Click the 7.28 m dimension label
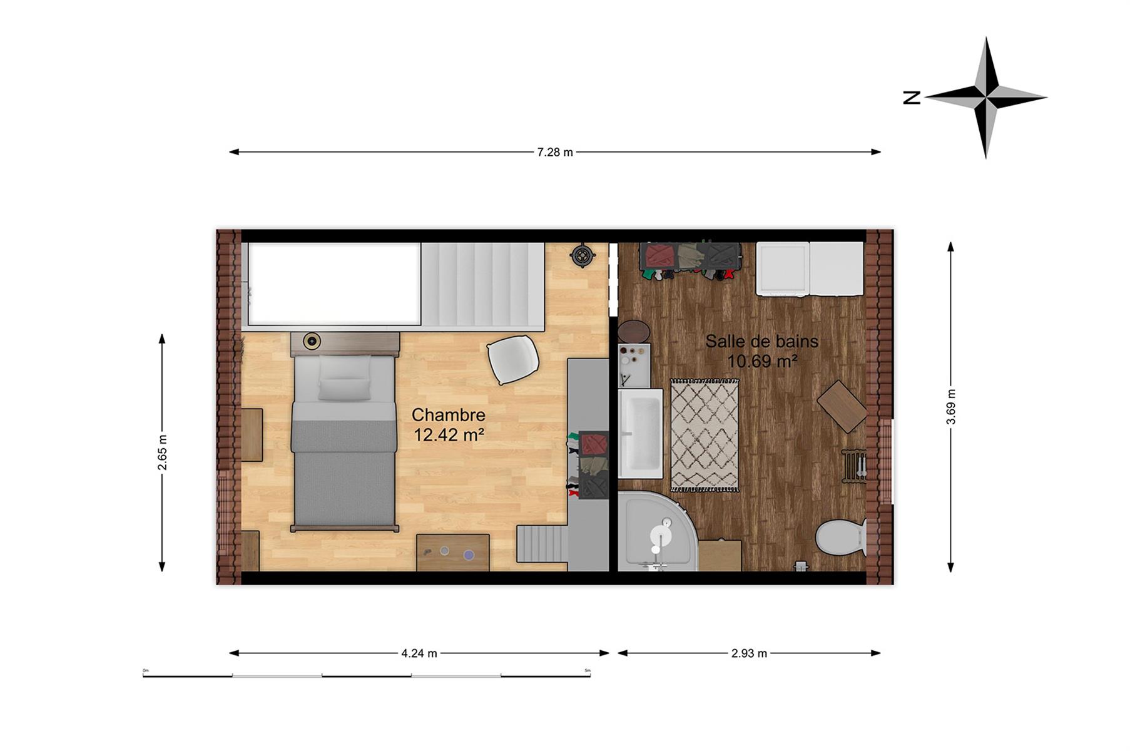(x=555, y=152)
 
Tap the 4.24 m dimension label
(x=419, y=653)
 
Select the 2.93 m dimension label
(x=749, y=653)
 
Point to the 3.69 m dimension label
(x=951, y=407)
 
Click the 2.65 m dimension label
(x=162, y=452)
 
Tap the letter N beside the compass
(x=912, y=98)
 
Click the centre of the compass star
(x=986, y=98)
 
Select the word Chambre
(x=449, y=415)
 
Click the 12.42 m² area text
(x=449, y=434)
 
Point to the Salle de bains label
(x=762, y=341)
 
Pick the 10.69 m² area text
(x=762, y=361)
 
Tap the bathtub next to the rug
(x=641, y=433)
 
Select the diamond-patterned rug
(x=705, y=435)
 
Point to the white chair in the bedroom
(x=513, y=359)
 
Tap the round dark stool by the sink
(x=634, y=332)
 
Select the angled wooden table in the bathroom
(x=842, y=406)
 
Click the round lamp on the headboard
(x=312, y=341)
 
